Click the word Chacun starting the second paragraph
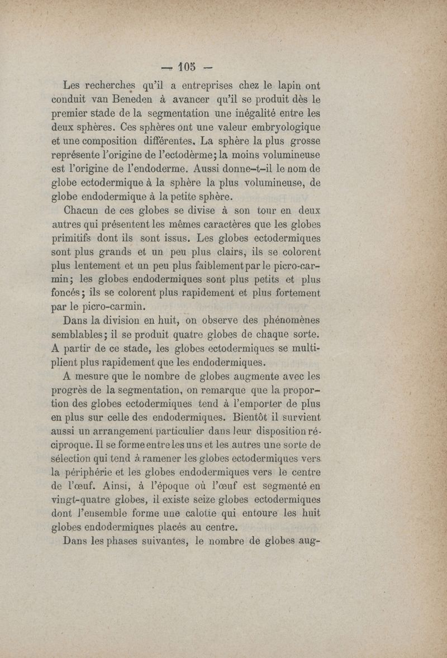(83, 212)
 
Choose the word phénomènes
(282, 321)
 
